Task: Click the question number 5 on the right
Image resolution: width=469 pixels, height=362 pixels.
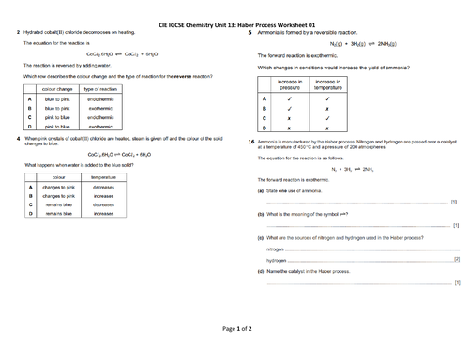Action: click(250, 31)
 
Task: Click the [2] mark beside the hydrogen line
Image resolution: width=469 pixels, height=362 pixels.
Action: click(456, 259)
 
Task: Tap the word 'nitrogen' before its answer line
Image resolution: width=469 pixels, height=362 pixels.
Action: click(275, 249)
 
